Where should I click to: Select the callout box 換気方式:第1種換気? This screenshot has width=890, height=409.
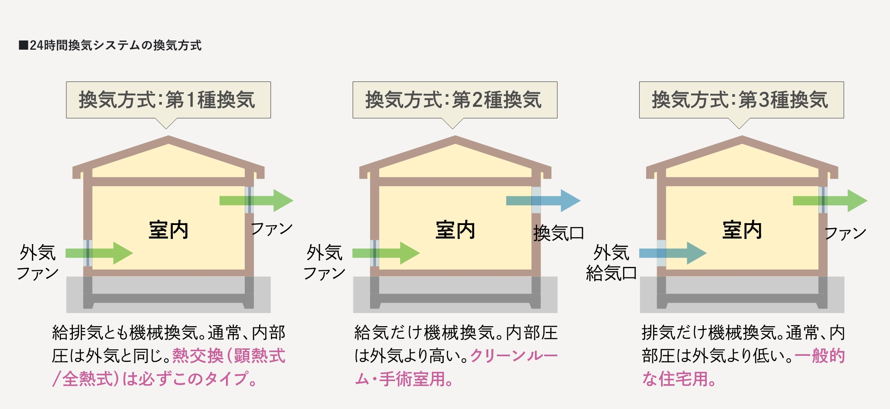tap(168, 100)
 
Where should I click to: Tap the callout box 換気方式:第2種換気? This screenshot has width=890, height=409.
tap(455, 100)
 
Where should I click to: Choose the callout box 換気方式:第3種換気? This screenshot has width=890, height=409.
tap(741, 100)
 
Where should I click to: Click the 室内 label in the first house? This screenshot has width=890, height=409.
tap(168, 230)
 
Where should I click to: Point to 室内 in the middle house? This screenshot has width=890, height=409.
tap(455, 230)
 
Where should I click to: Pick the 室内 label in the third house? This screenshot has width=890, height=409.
tap(742, 230)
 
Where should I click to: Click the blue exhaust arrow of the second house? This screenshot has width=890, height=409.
tap(544, 201)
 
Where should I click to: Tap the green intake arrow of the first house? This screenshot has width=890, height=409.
tap(99, 253)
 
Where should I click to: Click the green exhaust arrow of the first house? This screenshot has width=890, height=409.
tap(257, 201)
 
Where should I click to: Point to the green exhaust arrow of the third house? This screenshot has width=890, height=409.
tap(830, 201)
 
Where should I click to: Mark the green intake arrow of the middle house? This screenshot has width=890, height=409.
tap(386, 253)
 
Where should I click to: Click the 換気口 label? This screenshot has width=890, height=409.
tap(558, 233)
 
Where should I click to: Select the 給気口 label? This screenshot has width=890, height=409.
tap(611, 273)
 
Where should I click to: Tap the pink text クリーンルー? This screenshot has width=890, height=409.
tap(514, 356)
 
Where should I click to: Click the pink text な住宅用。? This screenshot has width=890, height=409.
tap(678, 379)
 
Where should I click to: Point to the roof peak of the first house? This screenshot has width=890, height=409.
tap(168, 139)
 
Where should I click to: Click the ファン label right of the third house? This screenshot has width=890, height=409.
tap(845, 233)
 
